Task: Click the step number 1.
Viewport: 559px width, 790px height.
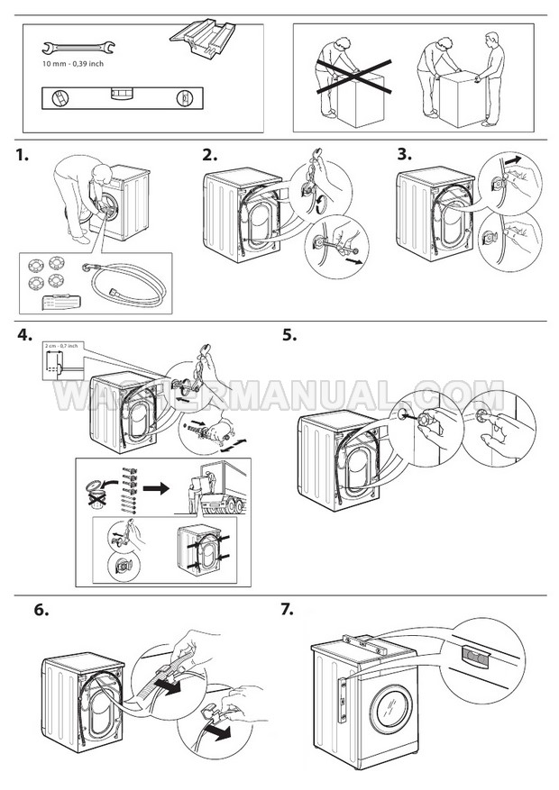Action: coord(23,155)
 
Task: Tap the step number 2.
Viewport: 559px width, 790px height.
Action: coord(209,155)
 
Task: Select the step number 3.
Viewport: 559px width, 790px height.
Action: coord(405,155)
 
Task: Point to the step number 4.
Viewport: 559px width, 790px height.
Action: coord(24,337)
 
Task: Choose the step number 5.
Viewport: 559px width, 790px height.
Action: coord(289,337)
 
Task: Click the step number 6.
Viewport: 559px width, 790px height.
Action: coord(41,610)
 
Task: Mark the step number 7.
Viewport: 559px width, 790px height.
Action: coord(288,610)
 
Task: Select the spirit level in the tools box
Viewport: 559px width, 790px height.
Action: coord(119,95)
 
